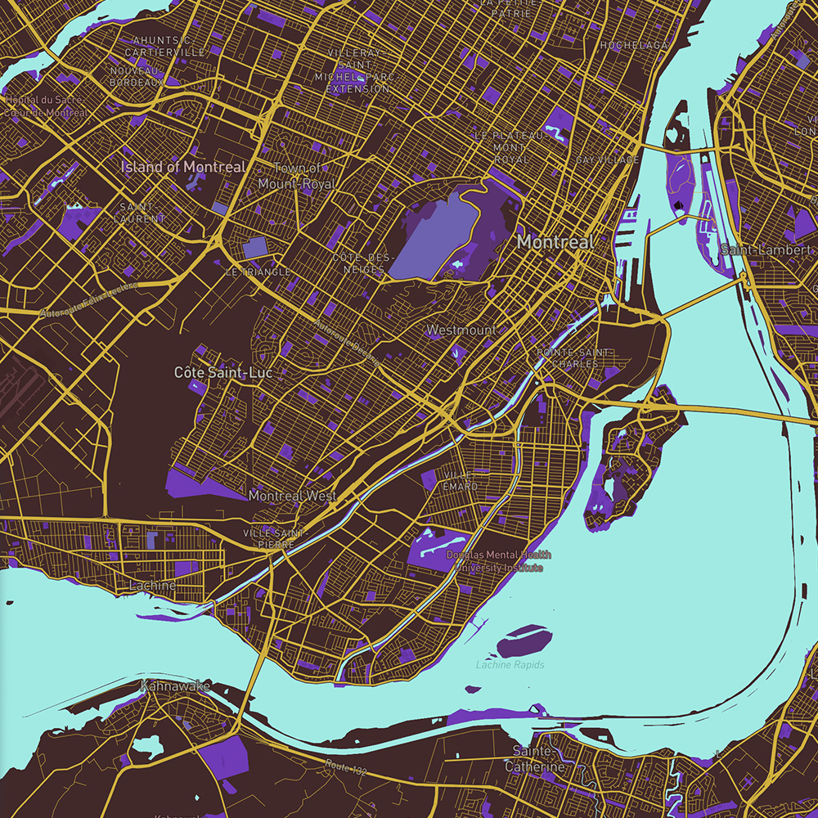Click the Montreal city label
click(555, 242)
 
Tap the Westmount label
click(461, 330)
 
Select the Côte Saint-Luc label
click(222, 372)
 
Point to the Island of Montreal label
click(182, 167)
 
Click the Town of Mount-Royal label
click(297, 176)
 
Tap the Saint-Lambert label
click(767, 249)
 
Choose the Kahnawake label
click(175, 685)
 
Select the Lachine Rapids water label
click(510, 665)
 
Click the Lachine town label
click(152, 586)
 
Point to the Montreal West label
click(292, 497)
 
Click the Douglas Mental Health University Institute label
click(498, 561)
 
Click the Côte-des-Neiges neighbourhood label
click(358, 263)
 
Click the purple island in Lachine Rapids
click(524, 640)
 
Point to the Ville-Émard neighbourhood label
click(460, 481)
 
